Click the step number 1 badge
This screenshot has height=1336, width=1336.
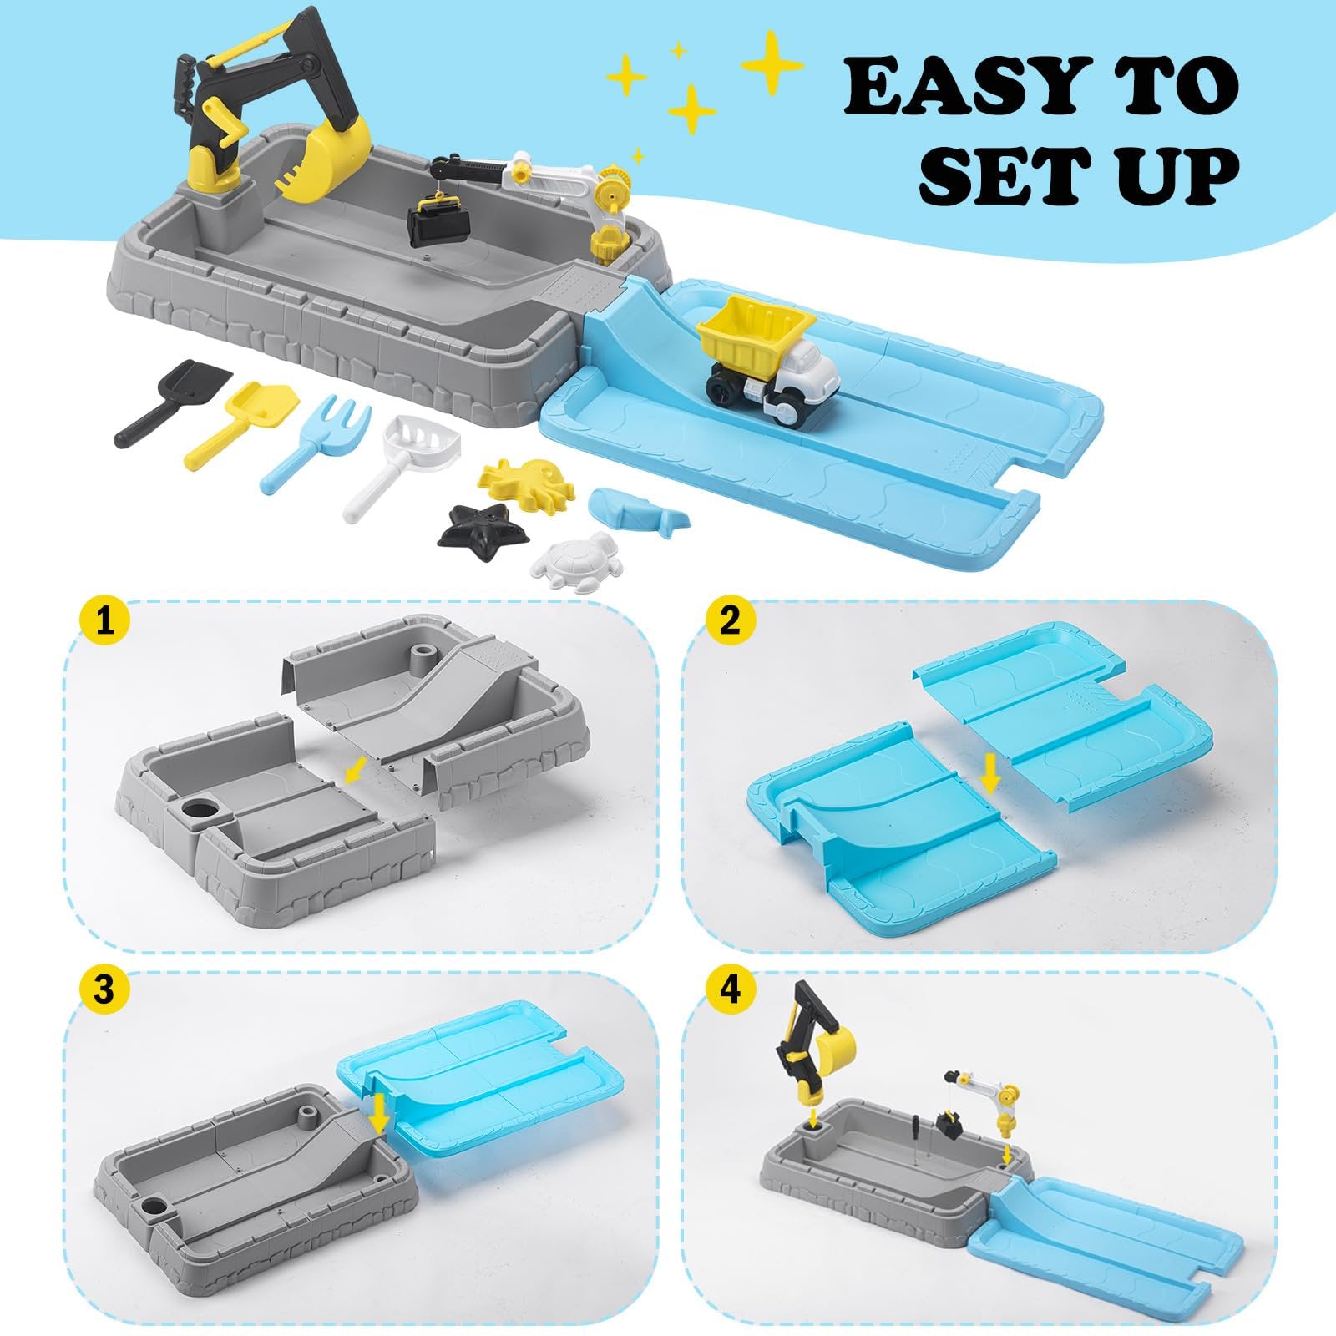point(104,622)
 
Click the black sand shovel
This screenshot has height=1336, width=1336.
point(157,403)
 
